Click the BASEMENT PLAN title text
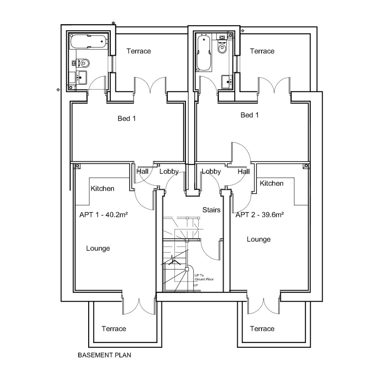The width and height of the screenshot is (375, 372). pyautogui.click(x=104, y=355)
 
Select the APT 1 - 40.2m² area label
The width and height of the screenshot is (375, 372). pyautogui.click(x=104, y=215)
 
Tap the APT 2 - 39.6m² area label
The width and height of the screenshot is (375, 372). pyautogui.click(x=260, y=215)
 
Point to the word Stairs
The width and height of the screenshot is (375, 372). pyautogui.click(x=211, y=210)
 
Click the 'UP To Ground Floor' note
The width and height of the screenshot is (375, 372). pyautogui.click(x=204, y=277)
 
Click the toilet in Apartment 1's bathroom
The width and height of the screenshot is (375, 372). pyautogui.click(x=84, y=63)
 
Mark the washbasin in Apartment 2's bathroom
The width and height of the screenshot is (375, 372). pyautogui.click(x=227, y=81)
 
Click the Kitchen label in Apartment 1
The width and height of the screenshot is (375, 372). pyautogui.click(x=102, y=189)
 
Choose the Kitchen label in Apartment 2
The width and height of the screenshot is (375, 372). pyautogui.click(x=271, y=183)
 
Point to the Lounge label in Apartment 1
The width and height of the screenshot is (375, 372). pyautogui.click(x=98, y=248)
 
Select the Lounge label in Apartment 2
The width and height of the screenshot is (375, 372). pyautogui.click(x=258, y=239)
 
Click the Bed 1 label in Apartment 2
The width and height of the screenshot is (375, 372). pyautogui.click(x=249, y=115)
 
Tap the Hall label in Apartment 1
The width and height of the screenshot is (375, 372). pyautogui.click(x=142, y=171)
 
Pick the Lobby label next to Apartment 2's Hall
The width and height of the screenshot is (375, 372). pyautogui.click(x=211, y=171)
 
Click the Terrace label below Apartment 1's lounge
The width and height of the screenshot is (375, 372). pyautogui.click(x=114, y=329)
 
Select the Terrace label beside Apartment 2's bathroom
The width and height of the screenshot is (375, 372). pyautogui.click(x=262, y=51)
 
